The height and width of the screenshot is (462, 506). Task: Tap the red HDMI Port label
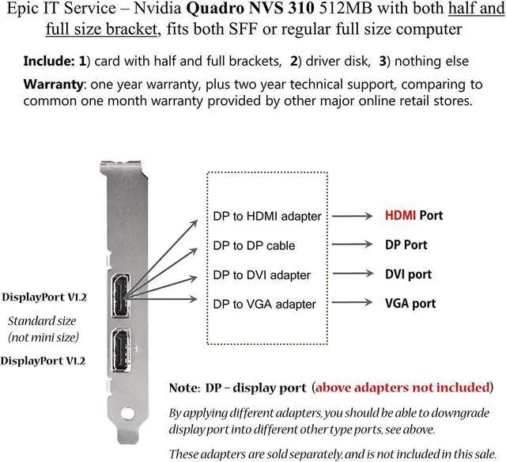coord(413,215)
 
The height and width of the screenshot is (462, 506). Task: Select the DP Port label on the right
coord(406,244)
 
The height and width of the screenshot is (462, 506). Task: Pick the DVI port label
coord(408,274)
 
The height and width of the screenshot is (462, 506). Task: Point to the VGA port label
coord(410,303)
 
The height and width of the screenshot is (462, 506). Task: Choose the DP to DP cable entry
coord(254,245)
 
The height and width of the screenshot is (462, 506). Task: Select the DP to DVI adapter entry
coord(262,275)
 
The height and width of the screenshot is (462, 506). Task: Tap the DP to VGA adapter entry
coord(264,304)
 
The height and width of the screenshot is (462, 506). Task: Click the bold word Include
coord(50,60)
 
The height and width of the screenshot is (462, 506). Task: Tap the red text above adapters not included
coord(402,388)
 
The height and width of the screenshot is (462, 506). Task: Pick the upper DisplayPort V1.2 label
coord(44,297)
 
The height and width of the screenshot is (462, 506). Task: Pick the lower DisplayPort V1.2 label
coord(44,361)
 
